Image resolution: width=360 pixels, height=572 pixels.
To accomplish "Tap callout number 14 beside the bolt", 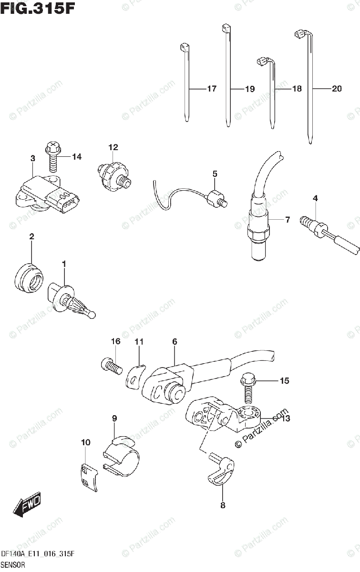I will click(77, 157).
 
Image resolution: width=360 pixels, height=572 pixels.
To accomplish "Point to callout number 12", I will click(113, 147).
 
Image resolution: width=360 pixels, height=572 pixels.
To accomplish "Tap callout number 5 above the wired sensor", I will click(215, 174).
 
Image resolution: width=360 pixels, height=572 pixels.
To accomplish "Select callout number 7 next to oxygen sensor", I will click(287, 220).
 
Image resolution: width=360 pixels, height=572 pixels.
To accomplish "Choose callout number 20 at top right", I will click(337, 89).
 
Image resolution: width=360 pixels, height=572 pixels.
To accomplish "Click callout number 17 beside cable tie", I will click(212, 89).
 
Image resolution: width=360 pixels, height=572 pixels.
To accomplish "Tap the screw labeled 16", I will click(110, 366).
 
